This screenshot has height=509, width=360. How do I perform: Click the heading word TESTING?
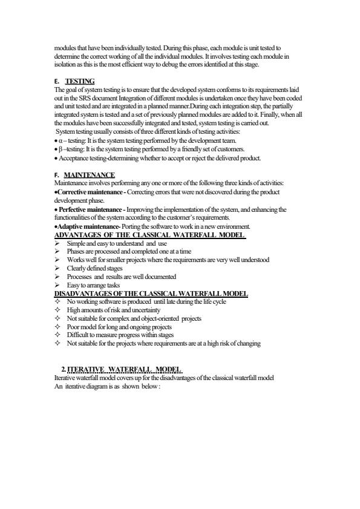click(80, 80)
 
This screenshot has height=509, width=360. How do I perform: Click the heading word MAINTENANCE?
click(89, 175)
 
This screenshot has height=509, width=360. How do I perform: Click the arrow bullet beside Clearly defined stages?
click(57, 268)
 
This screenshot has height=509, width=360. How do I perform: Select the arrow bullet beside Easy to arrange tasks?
click(57, 285)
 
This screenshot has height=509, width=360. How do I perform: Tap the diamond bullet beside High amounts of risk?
click(57, 310)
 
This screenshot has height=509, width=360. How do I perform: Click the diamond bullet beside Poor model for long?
click(57, 327)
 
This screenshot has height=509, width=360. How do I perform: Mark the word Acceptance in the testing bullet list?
click(74, 158)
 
